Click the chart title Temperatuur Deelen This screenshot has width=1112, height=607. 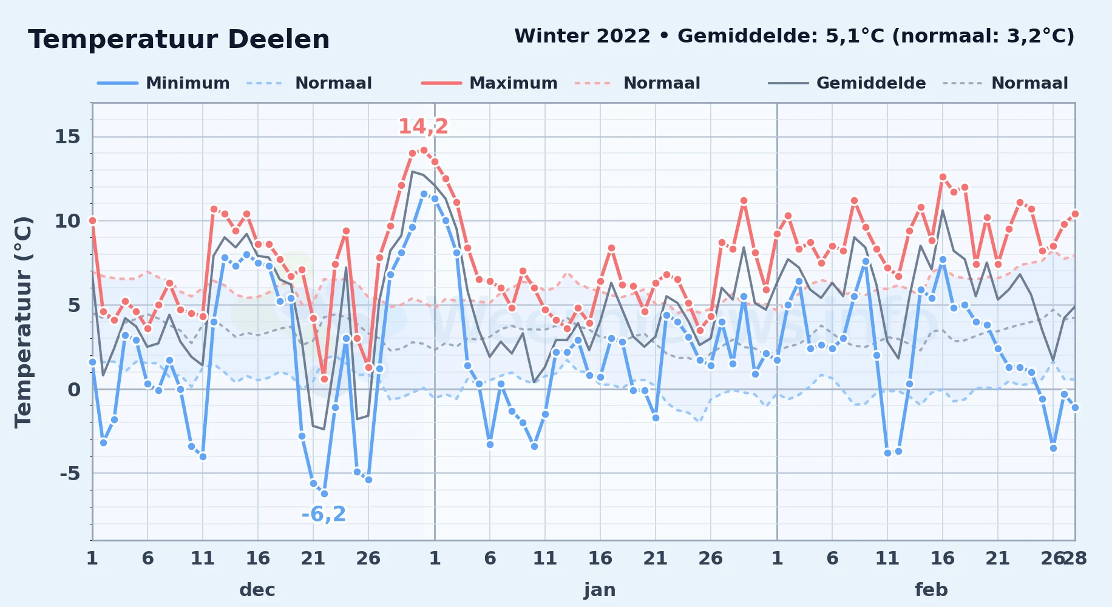tap(179, 39)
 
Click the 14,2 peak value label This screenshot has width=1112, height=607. tap(423, 126)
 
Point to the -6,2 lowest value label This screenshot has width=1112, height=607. tap(324, 514)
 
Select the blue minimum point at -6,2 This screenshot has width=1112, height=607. tap(324, 493)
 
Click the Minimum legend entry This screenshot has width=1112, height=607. tap(164, 83)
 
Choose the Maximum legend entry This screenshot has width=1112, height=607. tap(489, 83)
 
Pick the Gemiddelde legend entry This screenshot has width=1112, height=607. tap(847, 83)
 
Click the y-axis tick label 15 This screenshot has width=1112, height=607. tap(67, 137)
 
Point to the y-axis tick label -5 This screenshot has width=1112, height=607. tap(70, 473)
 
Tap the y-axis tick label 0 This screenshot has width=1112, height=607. tap(74, 389)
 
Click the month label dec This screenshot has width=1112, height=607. tap(257, 590)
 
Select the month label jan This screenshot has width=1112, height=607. tap(600, 590)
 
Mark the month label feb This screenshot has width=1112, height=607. tap(931, 590)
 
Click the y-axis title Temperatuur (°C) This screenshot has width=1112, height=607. tap(24, 322)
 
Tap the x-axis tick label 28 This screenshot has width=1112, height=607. tap(1075, 558)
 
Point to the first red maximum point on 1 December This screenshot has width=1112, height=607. tap(92, 220)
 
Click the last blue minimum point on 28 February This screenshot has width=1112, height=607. tap(1075, 407)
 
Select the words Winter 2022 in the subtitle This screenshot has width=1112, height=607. tap(582, 36)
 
